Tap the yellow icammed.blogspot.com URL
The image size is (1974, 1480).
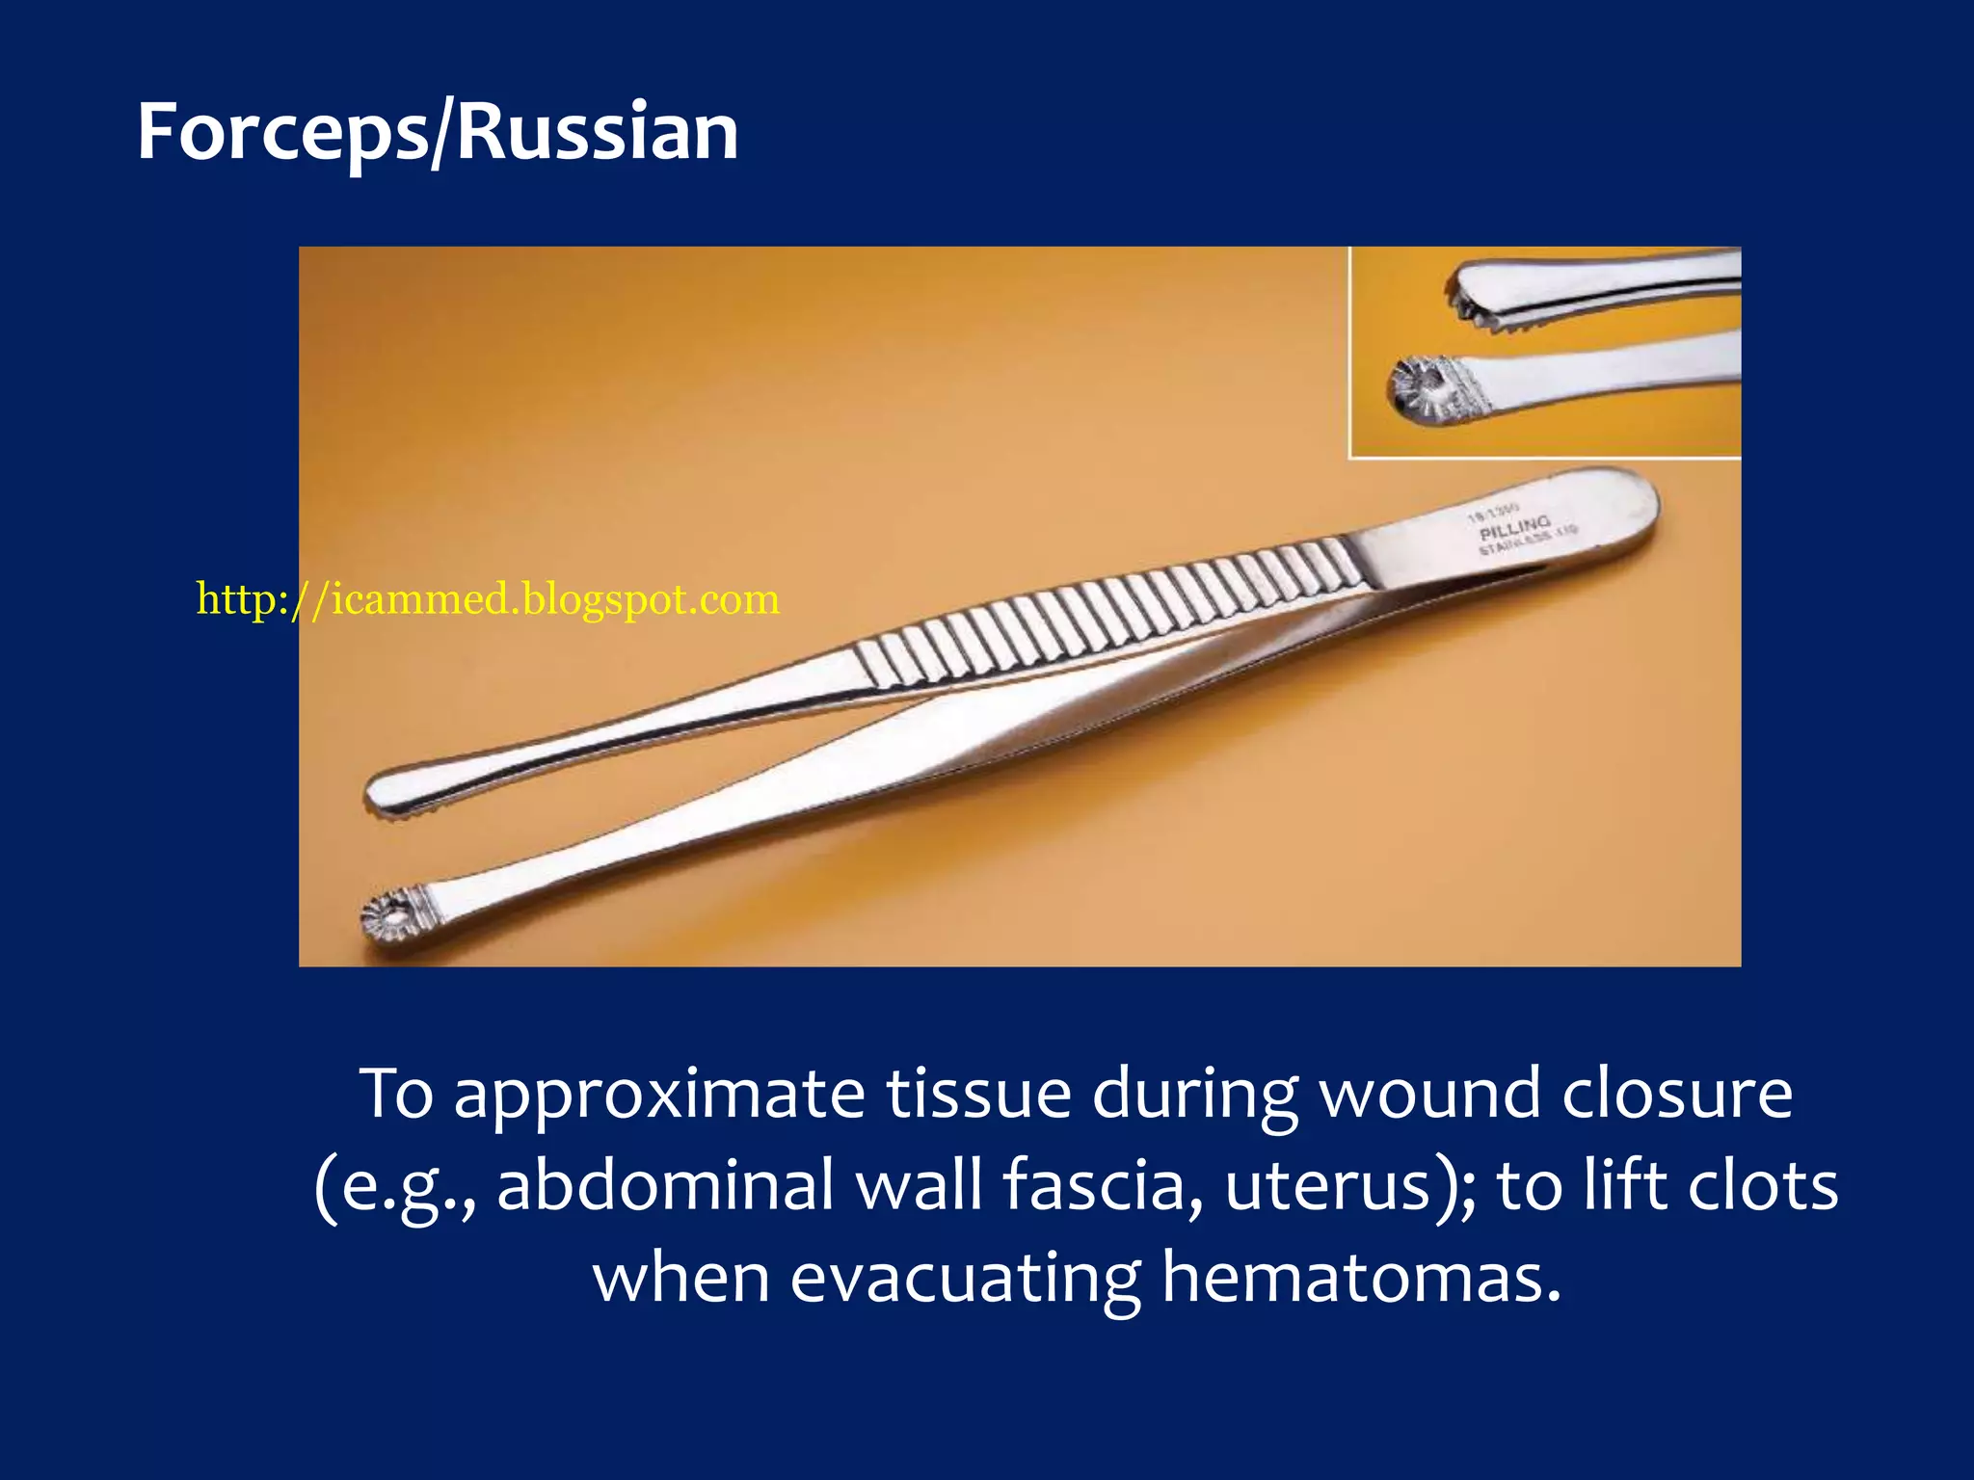click(488, 599)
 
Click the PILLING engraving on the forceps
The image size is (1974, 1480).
click(1514, 528)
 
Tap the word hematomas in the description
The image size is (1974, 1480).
click(1360, 1278)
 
